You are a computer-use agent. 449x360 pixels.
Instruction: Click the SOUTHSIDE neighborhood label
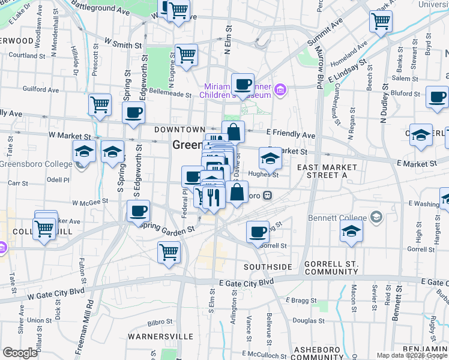268,266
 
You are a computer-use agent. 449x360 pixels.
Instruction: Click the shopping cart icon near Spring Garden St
169,252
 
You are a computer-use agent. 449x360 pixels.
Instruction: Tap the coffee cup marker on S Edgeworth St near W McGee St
139,211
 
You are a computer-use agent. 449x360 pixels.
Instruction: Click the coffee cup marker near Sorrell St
258,232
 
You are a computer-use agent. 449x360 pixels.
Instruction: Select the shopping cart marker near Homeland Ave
381,22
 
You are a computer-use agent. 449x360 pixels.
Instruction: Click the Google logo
20,353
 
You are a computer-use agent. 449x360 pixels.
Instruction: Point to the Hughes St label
268,175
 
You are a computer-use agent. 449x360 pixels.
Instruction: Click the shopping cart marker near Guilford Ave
100,105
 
